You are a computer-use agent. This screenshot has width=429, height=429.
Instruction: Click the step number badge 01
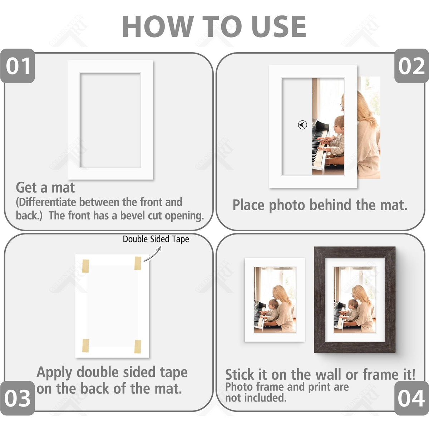[x=18, y=66]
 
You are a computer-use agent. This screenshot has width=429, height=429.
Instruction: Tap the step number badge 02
[x=411, y=66]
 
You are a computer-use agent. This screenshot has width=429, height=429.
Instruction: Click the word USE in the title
[x=279, y=26]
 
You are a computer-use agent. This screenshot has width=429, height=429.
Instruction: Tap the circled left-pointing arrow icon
[x=302, y=125]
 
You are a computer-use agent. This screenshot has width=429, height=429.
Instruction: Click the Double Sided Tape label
[x=156, y=239]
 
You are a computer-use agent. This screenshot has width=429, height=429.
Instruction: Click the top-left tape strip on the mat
[x=85, y=266]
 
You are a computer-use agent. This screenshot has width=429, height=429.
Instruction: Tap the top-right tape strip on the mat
[x=138, y=263]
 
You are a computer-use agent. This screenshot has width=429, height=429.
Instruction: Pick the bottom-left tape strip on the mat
[x=86, y=346]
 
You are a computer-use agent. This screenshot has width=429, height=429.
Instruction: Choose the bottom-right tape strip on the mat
[x=138, y=347]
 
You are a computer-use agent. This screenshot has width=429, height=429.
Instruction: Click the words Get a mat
[x=45, y=187]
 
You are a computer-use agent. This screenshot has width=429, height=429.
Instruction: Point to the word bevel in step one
[x=133, y=216]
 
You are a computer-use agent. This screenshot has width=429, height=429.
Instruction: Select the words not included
[x=256, y=398]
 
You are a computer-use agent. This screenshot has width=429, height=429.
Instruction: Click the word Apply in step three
[x=54, y=373]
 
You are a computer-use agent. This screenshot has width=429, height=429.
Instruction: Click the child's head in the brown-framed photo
[x=353, y=304]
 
